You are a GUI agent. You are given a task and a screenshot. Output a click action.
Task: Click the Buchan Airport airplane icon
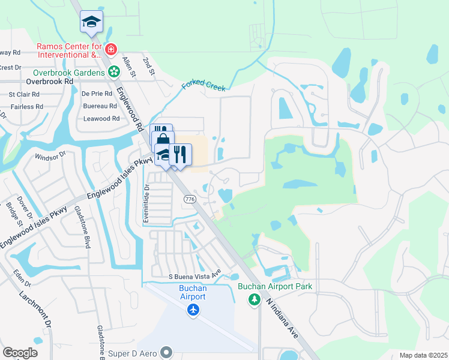click(193, 310)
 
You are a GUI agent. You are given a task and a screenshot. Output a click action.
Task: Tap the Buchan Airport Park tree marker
click(255, 299)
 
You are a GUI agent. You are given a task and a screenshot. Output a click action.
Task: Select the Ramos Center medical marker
click(110, 49)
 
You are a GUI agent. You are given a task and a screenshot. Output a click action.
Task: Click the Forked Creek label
click(203, 88)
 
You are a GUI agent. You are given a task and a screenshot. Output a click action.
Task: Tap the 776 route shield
click(190, 199)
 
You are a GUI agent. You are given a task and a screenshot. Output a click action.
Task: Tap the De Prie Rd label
click(97, 94)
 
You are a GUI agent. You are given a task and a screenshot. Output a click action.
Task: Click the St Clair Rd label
click(24, 94)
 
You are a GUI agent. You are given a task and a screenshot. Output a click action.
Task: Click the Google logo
click(20, 352)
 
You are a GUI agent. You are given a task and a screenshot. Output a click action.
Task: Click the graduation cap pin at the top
click(91, 22)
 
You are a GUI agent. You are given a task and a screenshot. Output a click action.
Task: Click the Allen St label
click(127, 62)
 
